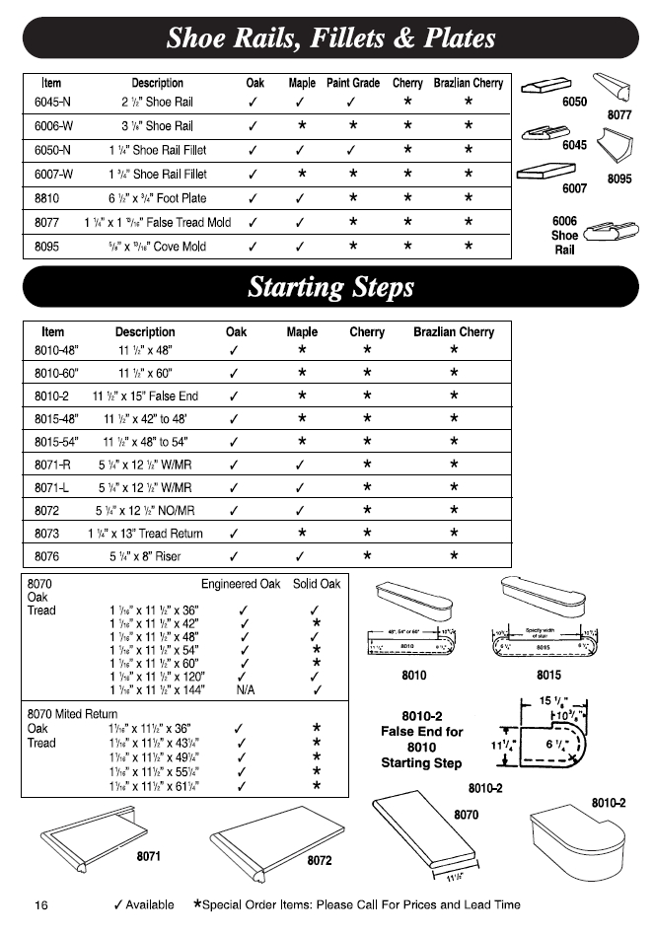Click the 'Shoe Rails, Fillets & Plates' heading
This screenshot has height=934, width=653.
click(x=329, y=39)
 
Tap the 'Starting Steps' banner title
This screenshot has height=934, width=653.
click(x=330, y=288)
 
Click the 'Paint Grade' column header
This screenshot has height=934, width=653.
click(x=353, y=84)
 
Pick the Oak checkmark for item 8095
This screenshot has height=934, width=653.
click(x=254, y=247)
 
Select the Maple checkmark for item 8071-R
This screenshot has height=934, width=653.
click(x=301, y=465)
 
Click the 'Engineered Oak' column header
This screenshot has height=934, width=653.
click(x=241, y=584)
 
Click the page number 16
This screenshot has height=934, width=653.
click(x=42, y=904)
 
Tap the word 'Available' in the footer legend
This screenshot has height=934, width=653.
click(x=151, y=904)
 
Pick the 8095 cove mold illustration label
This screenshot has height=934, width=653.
click(x=619, y=180)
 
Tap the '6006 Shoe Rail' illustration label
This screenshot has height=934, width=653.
click(x=564, y=236)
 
